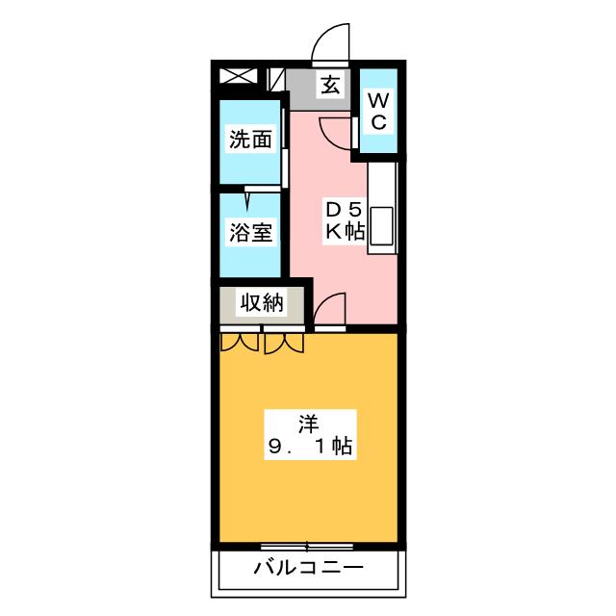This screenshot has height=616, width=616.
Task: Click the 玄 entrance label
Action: (x=330, y=85)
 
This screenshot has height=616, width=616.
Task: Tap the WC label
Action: (x=378, y=112)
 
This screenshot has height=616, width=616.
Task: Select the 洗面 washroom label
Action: (x=250, y=140)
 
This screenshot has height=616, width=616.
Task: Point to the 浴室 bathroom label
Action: (x=250, y=232)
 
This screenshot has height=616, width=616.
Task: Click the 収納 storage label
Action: (x=262, y=303)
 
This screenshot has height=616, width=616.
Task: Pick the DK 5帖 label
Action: (x=345, y=220)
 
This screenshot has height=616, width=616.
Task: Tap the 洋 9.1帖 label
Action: (x=310, y=434)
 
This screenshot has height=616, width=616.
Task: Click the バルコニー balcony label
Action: (x=308, y=568)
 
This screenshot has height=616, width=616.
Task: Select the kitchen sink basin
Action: (x=381, y=225)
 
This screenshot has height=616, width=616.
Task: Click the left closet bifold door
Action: (x=240, y=343)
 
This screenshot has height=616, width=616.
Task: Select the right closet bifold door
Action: (x=284, y=344)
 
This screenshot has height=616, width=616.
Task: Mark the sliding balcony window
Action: (x=307, y=546)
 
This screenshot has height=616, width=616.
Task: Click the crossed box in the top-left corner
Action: (x=238, y=76)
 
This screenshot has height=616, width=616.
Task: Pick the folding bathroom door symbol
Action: (x=248, y=197)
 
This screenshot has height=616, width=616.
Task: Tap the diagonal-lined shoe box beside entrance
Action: (x=276, y=80)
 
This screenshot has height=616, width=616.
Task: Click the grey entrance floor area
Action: (x=319, y=90)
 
